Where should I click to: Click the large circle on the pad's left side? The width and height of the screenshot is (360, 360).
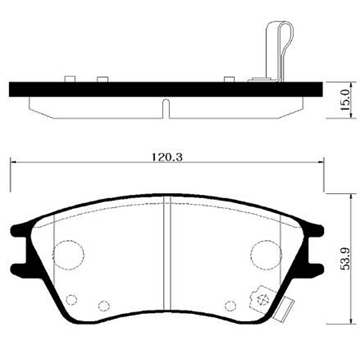tap(68, 254)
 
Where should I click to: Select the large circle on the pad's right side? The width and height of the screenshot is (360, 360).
tap(265, 254)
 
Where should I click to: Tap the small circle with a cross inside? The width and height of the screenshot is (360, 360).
tap(261, 298)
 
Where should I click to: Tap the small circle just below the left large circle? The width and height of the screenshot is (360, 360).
tap(73, 299)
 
